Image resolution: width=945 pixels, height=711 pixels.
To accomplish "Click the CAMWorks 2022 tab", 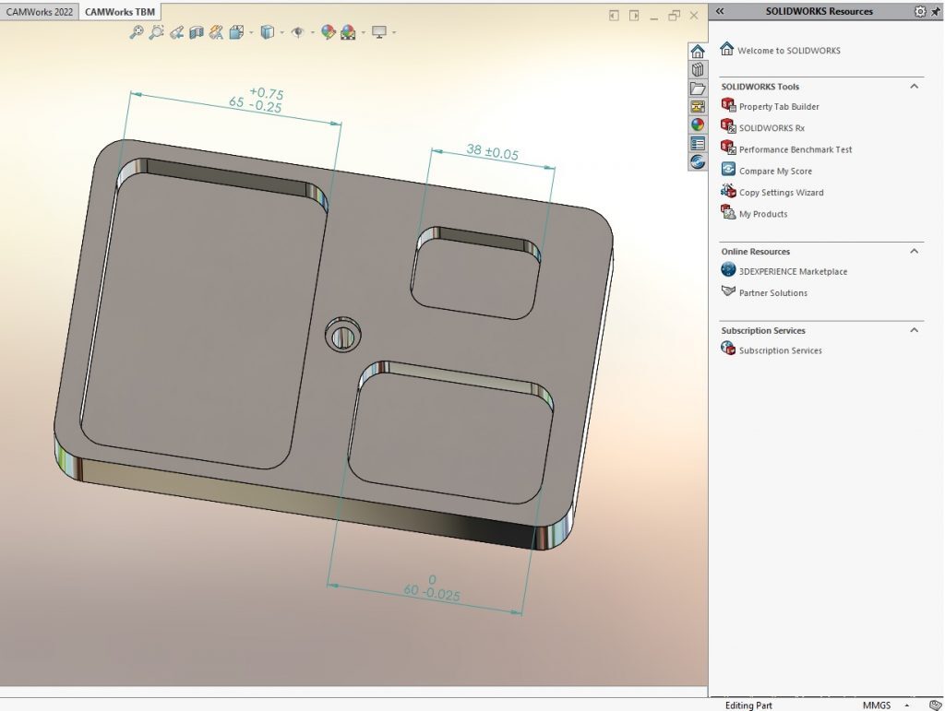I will coord(39,12).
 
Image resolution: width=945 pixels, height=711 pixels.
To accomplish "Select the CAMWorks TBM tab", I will coord(120,12).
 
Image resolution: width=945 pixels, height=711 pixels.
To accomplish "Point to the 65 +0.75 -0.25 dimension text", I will coord(256,101).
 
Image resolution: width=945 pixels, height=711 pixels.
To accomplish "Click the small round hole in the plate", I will coord(342,335).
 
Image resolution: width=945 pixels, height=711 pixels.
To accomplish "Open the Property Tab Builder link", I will coord(778,107).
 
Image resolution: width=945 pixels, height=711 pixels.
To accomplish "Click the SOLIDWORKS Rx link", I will coord(771,128).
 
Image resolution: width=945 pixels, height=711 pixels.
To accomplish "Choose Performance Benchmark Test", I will coord(795,149).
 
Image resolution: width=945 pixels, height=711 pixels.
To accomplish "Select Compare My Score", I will coord(775,172).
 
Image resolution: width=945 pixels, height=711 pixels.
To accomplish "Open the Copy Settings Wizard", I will coord(781,193).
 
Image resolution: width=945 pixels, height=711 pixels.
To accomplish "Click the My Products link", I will coord(762,214).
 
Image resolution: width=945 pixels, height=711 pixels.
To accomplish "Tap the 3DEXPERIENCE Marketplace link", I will coord(792,272).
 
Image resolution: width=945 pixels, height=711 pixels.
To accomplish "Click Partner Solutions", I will coord(772,293).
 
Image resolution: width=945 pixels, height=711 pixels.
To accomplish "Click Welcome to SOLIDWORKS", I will coord(788,51).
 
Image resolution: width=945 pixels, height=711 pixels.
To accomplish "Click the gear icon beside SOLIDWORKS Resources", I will coord(919,12).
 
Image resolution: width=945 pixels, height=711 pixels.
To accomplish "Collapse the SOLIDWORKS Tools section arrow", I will coord(915,87).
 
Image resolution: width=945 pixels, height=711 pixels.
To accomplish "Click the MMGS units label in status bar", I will coord(877,705).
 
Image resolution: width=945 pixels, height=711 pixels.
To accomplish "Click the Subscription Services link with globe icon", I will coord(780,350).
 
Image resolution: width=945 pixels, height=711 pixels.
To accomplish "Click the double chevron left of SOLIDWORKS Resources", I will coord(720,12).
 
